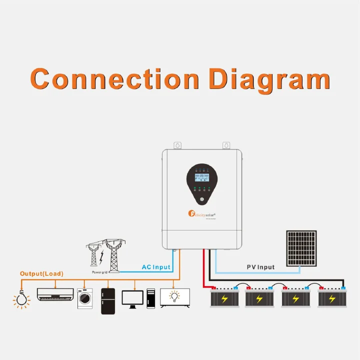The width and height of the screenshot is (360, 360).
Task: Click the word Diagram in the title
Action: pyautogui.click(x=269, y=80)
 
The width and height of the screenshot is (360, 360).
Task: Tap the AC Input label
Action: pyautogui.click(x=156, y=267)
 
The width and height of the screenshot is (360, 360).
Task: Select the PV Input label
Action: pyautogui.click(x=260, y=267)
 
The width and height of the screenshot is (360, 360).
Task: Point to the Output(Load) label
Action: pyautogui.click(x=41, y=274)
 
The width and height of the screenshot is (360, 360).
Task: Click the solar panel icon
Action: pyautogui.click(x=301, y=248)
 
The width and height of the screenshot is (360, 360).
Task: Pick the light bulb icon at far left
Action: pyautogui.click(x=20, y=299)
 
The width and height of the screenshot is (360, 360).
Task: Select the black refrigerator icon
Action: pyautogui.click(x=108, y=300)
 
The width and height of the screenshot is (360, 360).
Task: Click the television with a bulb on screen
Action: pyautogui.click(x=175, y=297)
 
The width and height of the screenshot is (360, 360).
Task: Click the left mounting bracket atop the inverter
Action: pyautogui.click(x=176, y=145)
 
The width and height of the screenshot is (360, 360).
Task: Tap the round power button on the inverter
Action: pyautogui.click(x=202, y=199)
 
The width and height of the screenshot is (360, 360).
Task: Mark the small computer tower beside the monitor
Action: pyautogui.click(x=150, y=298)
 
